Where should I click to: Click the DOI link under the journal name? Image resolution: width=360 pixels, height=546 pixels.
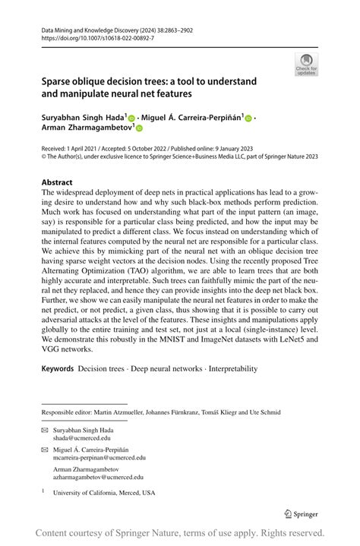pos(93,37)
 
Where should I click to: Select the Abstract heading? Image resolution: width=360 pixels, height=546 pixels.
pos(57,182)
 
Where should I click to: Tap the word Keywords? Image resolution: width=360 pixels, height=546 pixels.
pos(58,369)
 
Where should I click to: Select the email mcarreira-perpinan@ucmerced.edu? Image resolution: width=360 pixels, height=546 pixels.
pos(99,458)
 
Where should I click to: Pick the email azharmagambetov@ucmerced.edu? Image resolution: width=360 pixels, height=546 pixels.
pos(98,478)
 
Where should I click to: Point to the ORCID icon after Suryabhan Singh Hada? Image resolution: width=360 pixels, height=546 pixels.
pos(131,119)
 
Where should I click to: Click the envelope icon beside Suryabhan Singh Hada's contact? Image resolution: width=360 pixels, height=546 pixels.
pos(44,430)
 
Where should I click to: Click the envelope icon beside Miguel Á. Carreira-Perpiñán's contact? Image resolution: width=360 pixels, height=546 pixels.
pos(44,450)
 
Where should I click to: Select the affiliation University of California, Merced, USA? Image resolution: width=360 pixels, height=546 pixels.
pos(103,493)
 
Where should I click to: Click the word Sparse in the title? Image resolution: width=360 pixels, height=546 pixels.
pos(58,81)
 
